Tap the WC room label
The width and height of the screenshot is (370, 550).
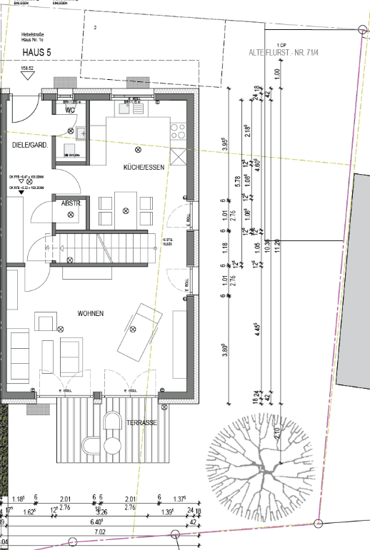pos(71,111)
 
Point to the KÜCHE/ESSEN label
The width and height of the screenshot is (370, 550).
pos(144,167)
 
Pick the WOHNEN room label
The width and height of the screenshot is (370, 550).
pos(91,313)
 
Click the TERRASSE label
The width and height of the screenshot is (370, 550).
pos(141,422)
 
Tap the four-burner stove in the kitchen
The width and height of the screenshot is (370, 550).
pos(177,131)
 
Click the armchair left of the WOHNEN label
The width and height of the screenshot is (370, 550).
pos(44,323)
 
